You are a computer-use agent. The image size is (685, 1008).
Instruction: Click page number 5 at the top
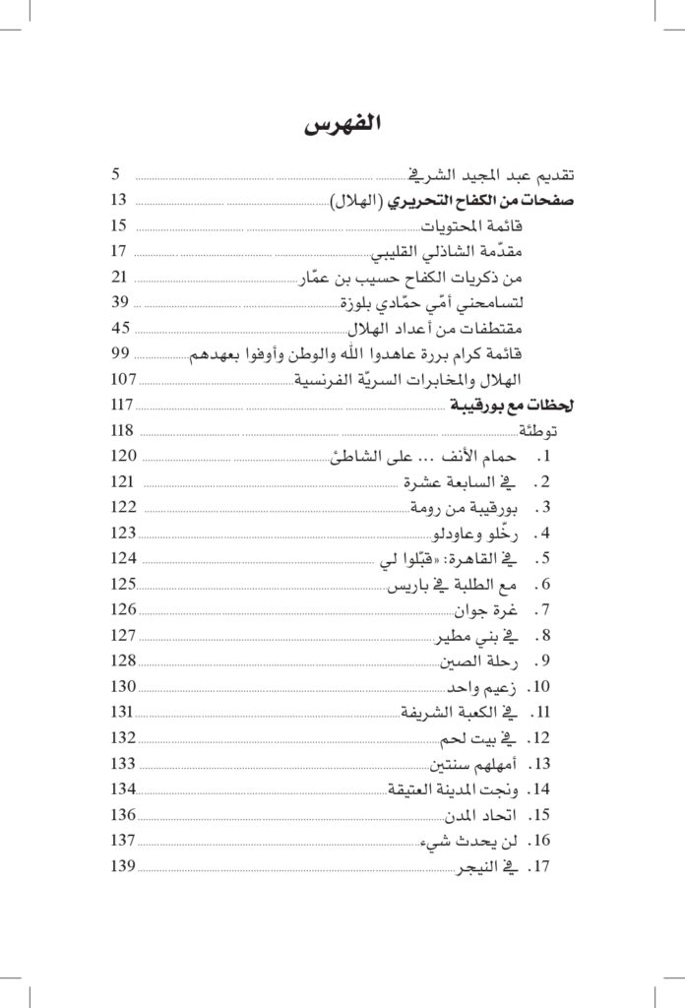115,174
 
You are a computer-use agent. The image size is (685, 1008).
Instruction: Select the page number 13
119,200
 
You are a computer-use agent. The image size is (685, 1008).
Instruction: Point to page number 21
120,277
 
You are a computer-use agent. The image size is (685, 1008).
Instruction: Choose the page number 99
121,353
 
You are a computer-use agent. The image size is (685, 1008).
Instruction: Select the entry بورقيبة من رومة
463,507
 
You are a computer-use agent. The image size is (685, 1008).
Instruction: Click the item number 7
543,609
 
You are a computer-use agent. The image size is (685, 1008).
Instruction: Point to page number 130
123,686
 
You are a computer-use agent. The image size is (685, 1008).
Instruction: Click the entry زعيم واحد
482,686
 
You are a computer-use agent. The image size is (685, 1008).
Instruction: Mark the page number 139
123,865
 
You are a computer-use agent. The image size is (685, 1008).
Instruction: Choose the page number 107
123,379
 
